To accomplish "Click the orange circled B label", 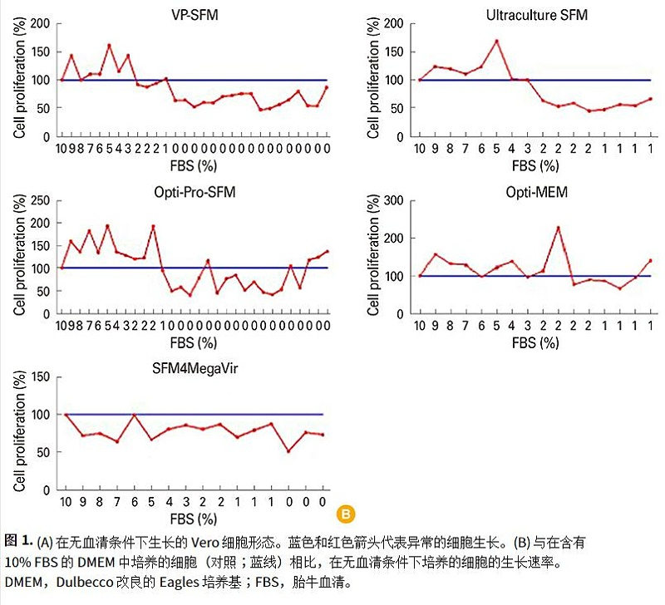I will coord(346,512).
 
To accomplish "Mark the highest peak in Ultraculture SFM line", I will coord(496,41).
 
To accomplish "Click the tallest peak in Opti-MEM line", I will coord(558,228).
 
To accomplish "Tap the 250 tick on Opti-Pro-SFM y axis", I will coord(38,200).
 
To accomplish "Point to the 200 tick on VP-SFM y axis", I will coord(38,23).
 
